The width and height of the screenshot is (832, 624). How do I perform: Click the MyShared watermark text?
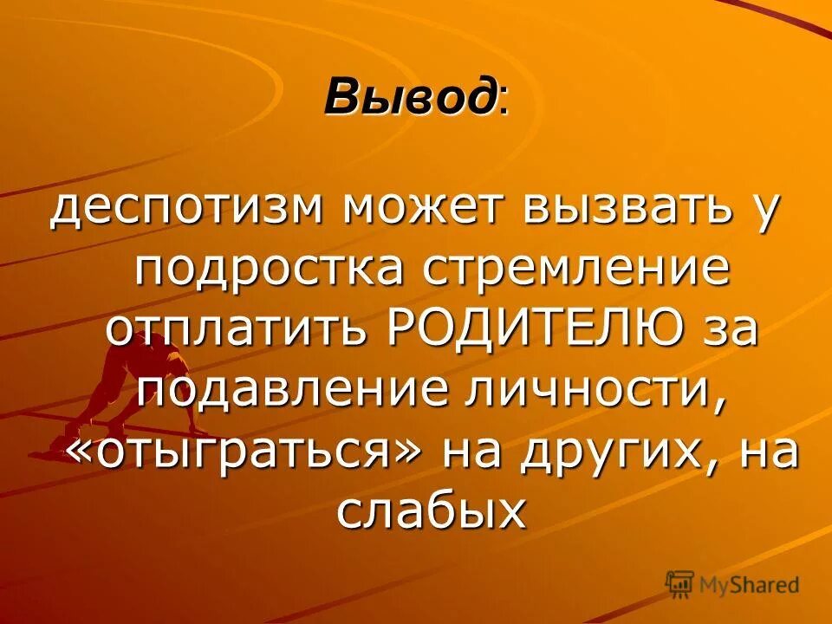pos(749,585)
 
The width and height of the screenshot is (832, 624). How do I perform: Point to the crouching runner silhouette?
pos(130,381)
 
